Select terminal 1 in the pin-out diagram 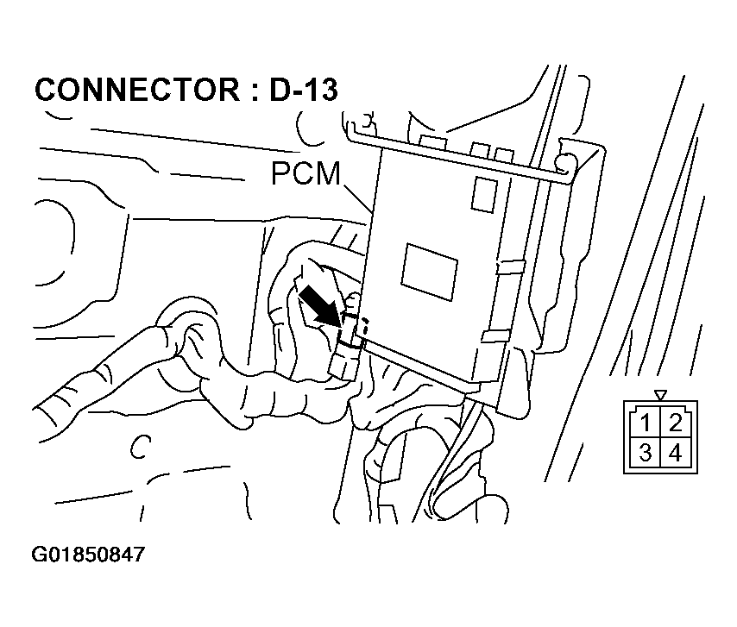click(646, 423)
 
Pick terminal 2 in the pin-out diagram click(675, 423)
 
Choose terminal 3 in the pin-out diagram click(646, 453)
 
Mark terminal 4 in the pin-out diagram click(675, 453)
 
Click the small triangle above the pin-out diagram click(661, 395)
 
